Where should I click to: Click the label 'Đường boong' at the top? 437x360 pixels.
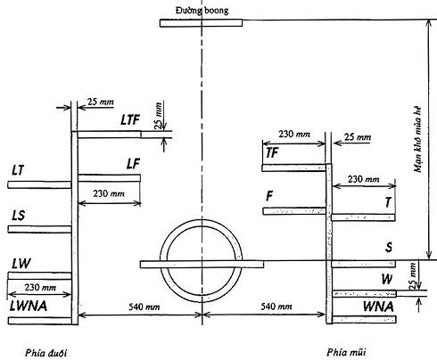(202, 11)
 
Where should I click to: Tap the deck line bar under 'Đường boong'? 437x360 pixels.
(201, 23)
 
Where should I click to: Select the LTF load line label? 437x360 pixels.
(130, 119)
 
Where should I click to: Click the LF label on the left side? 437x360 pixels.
(133, 164)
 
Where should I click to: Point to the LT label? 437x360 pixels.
(18, 170)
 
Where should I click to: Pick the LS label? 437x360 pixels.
(18, 216)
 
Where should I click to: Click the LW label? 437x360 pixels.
(21, 263)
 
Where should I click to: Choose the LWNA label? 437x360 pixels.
(29, 306)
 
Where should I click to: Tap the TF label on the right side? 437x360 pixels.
(272, 153)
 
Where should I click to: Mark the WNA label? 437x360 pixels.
(378, 307)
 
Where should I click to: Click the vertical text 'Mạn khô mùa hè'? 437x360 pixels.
(417, 139)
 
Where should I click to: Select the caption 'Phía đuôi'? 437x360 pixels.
(45, 353)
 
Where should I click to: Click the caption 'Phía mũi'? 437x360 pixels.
(346, 352)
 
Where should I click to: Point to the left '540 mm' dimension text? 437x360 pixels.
(144, 307)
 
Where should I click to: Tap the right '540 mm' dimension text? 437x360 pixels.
(276, 306)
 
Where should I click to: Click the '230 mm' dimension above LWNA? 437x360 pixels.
(40, 287)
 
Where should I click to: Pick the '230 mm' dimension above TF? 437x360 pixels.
(294, 134)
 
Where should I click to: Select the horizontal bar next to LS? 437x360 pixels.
(39, 229)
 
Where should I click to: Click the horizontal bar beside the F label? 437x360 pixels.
(294, 211)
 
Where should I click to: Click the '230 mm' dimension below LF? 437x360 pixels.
(109, 193)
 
